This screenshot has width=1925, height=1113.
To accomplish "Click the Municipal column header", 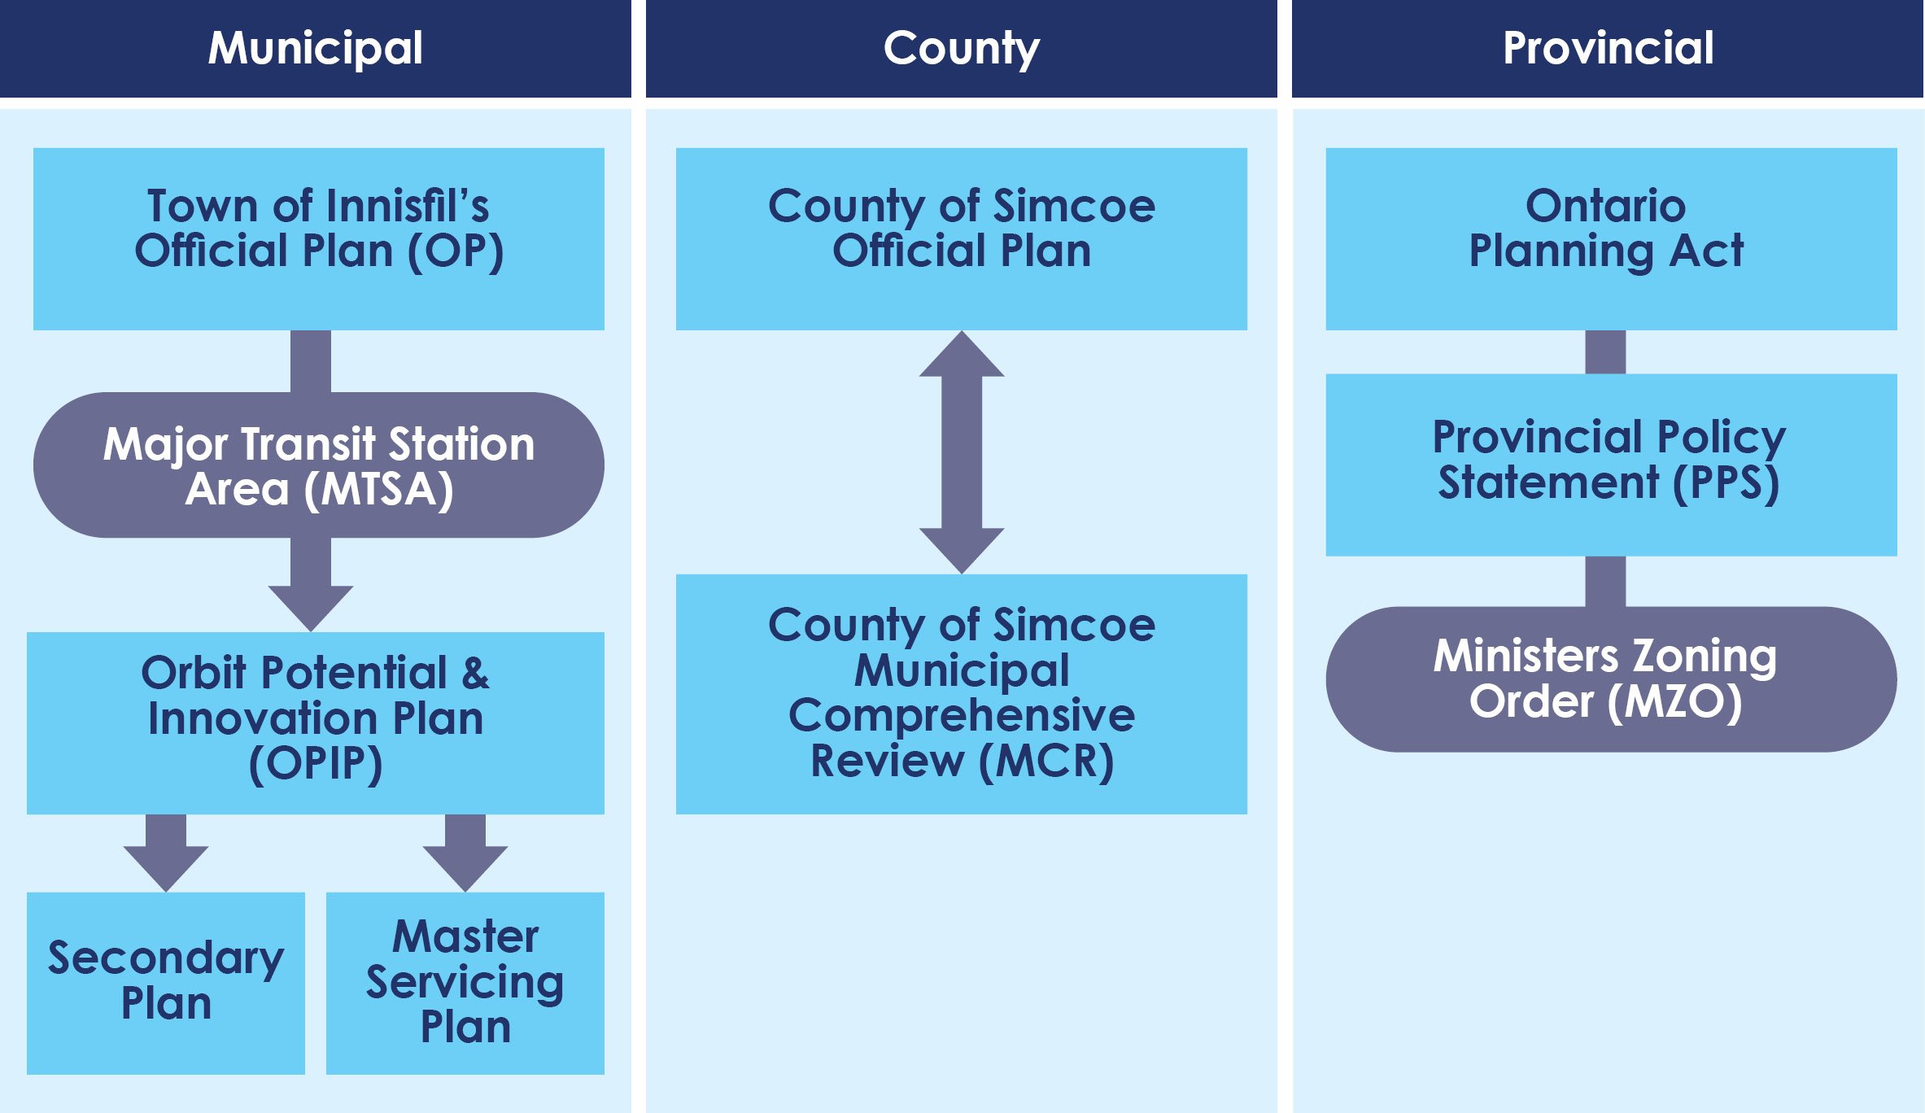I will point(316,49).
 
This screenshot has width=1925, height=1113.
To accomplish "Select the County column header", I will point(961,49).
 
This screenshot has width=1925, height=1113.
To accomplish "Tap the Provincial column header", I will point(1608,49).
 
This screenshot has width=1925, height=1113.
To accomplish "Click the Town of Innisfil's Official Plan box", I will point(318,238).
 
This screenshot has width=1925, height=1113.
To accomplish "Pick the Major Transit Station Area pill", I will point(318,465).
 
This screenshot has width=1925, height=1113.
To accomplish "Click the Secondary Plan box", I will point(166,983).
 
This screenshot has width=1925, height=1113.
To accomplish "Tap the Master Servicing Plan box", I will point(465,983).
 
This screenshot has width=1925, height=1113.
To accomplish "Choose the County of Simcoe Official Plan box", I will point(961,238).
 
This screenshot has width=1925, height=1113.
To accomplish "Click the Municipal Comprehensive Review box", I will point(961,694).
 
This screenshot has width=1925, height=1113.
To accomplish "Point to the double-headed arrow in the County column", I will point(961,452).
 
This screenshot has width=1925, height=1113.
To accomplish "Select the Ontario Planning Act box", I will point(1611,238).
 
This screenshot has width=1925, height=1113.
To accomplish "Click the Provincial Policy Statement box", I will point(1611,465).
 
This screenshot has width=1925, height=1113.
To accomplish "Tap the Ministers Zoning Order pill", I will point(1611,679).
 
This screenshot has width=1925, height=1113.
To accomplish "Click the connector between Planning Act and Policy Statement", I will point(1605,351).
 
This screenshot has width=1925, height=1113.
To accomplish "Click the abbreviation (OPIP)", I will point(316,765).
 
